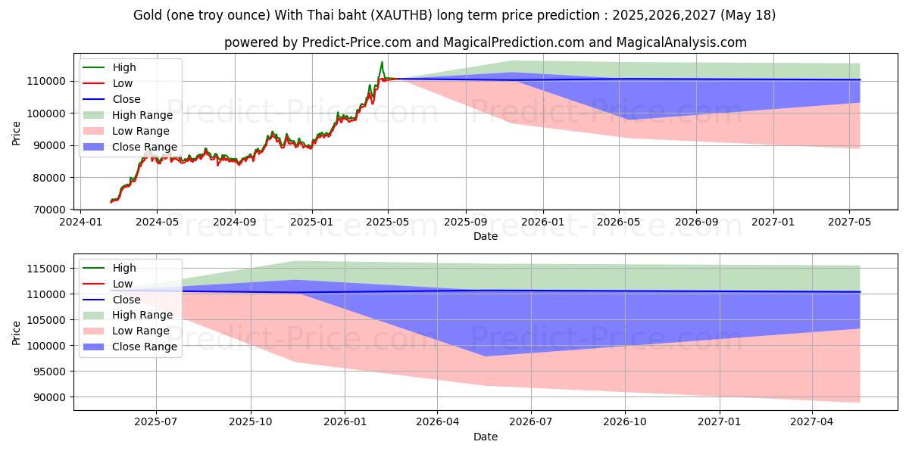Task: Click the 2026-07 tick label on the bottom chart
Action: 531,423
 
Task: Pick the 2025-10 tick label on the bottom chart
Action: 251,423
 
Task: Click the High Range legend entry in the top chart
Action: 142,115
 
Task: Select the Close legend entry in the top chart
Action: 126,99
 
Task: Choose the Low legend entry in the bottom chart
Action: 122,284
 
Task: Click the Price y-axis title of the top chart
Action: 17,133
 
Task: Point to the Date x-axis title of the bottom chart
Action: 486,437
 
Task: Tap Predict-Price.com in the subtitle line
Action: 351,42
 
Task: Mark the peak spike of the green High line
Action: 382,62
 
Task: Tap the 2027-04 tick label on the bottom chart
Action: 812,423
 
